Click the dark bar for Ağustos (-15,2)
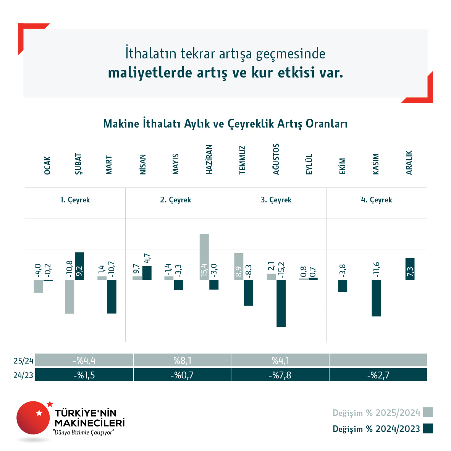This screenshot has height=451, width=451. [x=281, y=303]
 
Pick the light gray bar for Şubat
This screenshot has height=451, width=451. [x=70, y=297]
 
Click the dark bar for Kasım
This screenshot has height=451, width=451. [x=376, y=298]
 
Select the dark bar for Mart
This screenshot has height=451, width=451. [x=112, y=297]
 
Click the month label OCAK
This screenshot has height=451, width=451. [x=47, y=165]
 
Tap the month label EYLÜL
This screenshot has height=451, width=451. [x=309, y=164]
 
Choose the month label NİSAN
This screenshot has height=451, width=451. [x=142, y=164]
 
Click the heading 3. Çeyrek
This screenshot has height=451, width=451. [x=276, y=200]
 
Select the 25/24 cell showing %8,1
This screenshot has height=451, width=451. [x=182, y=360]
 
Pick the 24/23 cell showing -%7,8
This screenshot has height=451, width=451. [x=280, y=375]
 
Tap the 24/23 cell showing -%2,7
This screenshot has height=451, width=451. [x=378, y=375]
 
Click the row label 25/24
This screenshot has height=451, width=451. [x=23, y=360]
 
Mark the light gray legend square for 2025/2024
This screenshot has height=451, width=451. [x=428, y=412]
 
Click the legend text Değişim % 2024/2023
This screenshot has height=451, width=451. [x=376, y=429]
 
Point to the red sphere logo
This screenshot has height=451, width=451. [x=33, y=418]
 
